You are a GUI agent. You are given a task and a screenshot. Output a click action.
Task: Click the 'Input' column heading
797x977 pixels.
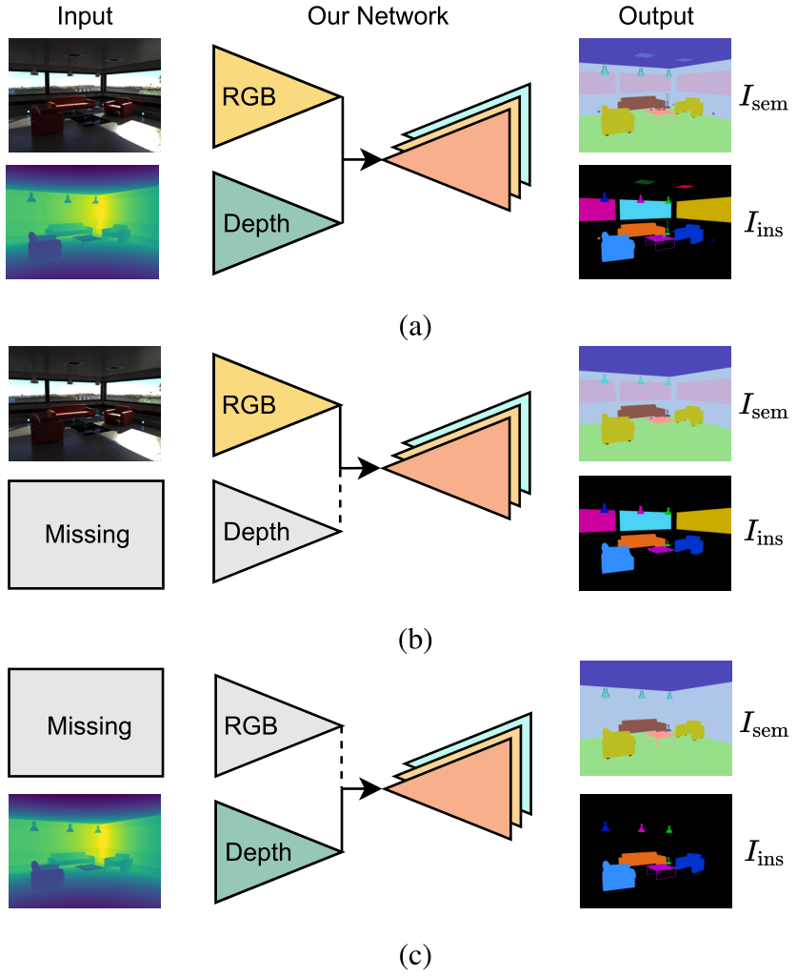85,17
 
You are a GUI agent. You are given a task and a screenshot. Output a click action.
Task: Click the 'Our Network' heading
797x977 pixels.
379,17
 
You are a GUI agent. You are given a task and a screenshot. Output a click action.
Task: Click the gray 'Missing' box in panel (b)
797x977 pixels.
86,534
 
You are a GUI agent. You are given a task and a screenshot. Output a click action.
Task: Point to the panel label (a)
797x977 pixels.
414,327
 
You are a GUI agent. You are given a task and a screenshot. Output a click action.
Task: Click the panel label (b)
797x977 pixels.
414,638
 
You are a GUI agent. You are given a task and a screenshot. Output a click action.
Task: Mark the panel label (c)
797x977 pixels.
414,953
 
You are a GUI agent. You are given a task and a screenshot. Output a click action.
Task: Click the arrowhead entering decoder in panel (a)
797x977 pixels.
371,159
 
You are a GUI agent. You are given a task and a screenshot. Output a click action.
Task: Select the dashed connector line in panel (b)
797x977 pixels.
340,499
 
